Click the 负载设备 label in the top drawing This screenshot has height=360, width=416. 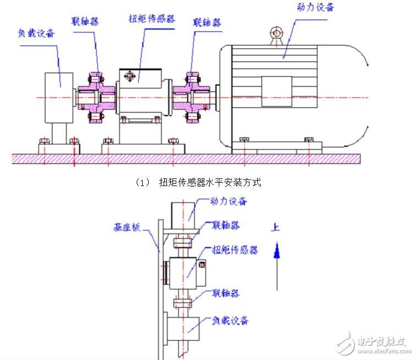pos(36,33)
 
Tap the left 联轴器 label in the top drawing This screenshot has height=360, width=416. pos(85,21)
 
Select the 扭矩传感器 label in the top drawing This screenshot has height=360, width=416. pos(152,19)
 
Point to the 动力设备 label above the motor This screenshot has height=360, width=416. pos(315,7)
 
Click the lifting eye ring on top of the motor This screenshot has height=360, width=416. pos(277,33)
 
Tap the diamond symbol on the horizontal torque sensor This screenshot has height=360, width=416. pos(129,77)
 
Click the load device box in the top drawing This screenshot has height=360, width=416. pos(59,98)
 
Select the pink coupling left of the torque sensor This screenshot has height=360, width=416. pos(96,97)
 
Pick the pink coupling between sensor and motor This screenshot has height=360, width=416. pos(192,97)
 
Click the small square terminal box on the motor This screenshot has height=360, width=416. pos(277,91)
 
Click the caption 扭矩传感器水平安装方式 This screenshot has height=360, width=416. pos(210,182)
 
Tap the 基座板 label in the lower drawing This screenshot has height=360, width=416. pos(127,227)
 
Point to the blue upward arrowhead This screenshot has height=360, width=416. pos(277,250)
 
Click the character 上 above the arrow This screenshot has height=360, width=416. pos(275,227)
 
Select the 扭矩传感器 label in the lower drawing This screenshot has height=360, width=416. pos(235,250)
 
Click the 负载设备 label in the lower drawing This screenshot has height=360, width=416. pos(230,320)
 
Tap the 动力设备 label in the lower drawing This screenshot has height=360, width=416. pos(229,201)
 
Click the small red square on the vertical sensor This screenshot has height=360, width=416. pos(202,265)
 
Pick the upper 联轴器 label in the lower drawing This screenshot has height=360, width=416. pos(226,225)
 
